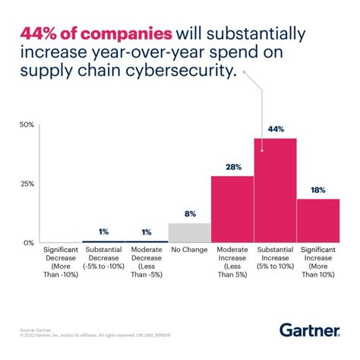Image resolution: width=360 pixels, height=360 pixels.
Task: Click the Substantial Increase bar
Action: [x=275, y=191]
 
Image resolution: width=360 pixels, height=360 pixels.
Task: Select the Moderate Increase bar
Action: [x=232, y=209]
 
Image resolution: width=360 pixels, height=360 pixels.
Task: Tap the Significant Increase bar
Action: [x=318, y=221]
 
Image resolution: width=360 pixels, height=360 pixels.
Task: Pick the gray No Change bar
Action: [x=189, y=232]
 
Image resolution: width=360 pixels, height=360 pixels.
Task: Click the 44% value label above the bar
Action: [x=275, y=129]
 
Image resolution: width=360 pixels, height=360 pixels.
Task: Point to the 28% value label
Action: [x=232, y=167]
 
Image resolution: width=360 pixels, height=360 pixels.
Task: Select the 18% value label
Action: [x=318, y=190]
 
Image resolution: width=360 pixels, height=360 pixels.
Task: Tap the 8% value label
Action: [x=189, y=214]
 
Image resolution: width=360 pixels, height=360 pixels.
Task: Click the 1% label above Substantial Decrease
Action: [x=104, y=232]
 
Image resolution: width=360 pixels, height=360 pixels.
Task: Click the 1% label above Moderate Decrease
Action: [x=147, y=232]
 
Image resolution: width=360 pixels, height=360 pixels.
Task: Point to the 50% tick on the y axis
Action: [x=27, y=124]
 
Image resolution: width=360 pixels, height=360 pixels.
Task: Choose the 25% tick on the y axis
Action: [x=27, y=184]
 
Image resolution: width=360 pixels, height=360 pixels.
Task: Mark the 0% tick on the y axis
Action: [x=29, y=243]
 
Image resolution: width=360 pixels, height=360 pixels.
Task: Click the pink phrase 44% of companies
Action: [x=96, y=35]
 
